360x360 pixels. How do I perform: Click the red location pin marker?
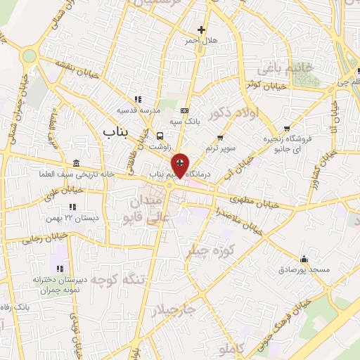(x=181, y=165)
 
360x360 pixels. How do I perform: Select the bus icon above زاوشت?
(x=160, y=136)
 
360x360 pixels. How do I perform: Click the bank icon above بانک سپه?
(x=184, y=110)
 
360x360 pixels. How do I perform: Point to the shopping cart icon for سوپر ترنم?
(x=221, y=137)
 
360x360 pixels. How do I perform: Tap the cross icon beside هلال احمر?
(x=202, y=30)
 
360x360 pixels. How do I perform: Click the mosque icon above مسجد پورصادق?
(x=303, y=258)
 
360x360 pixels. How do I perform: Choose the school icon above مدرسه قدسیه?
(x=138, y=99)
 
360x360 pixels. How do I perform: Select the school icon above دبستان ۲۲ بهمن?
(x=72, y=207)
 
